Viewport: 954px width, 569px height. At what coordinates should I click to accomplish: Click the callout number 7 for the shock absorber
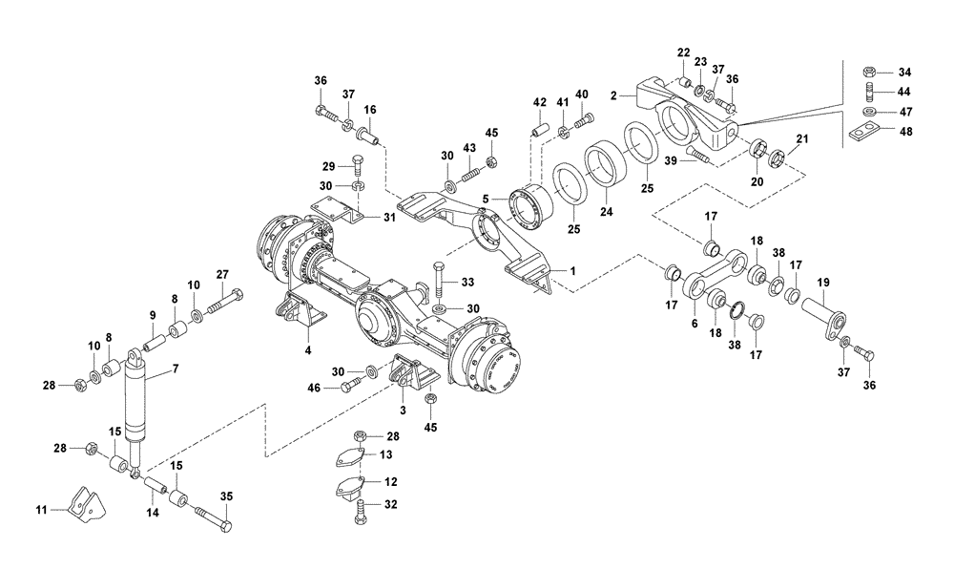[174, 368]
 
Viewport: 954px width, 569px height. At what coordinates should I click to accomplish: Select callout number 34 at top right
[905, 72]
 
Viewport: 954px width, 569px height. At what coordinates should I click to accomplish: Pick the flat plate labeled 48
[865, 131]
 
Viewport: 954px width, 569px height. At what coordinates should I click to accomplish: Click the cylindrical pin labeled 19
[826, 312]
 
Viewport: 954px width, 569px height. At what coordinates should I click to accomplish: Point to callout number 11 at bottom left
[40, 511]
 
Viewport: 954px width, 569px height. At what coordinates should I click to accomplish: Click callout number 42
[539, 101]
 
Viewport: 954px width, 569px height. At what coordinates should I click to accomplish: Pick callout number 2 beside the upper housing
[615, 95]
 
